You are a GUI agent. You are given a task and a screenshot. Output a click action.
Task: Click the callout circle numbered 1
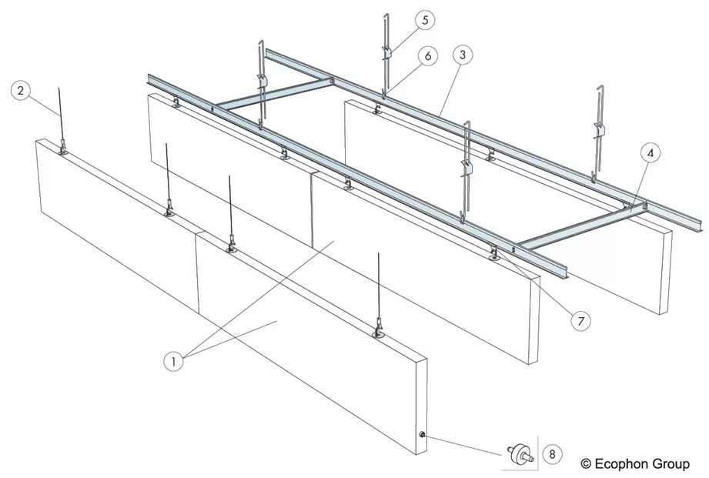click(x=173, y=361)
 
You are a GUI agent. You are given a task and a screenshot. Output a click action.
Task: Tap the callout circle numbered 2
click(x=21, y=91)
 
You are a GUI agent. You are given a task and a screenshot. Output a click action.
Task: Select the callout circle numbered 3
click(x=462, y=55)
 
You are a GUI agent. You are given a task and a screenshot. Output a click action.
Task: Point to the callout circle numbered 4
click(x=650, y=153)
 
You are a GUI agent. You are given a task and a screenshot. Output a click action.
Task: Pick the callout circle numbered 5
click(x=425, y=20)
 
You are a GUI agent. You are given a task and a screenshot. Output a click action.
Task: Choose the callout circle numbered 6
click(x=427, y=56)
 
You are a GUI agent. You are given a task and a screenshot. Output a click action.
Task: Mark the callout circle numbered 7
click(x=580, y=322)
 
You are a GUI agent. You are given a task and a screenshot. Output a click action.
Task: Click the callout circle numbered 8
click(x=552, y=453)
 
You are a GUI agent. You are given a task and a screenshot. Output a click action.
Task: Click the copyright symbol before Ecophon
click(x=586, y=464)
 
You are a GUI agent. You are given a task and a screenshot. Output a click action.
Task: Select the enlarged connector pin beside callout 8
click(x=520, y=453)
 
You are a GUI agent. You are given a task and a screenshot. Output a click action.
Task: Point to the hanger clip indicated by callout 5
click(x=387, y=52)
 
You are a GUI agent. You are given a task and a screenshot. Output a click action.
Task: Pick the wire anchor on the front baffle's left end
click(x=62, y=148)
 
